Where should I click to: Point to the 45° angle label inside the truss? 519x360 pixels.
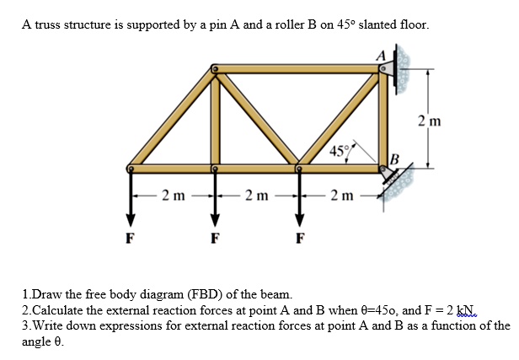pyautogui.click(x=339, y=151)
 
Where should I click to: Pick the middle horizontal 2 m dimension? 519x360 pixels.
pyautogui.click(x=257, y=196)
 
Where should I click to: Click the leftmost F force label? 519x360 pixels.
pyautogui.click(x=130, y=237)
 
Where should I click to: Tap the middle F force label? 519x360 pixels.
pyautogui.click(x=215, y=237)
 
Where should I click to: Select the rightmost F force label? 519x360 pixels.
pyautogui.click(x=300, y=237)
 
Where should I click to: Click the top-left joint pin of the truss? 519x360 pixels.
pyautogui.click(x=216, y=67)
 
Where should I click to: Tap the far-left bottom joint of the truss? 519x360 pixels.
pyautogui.click(x=131, y=168)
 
